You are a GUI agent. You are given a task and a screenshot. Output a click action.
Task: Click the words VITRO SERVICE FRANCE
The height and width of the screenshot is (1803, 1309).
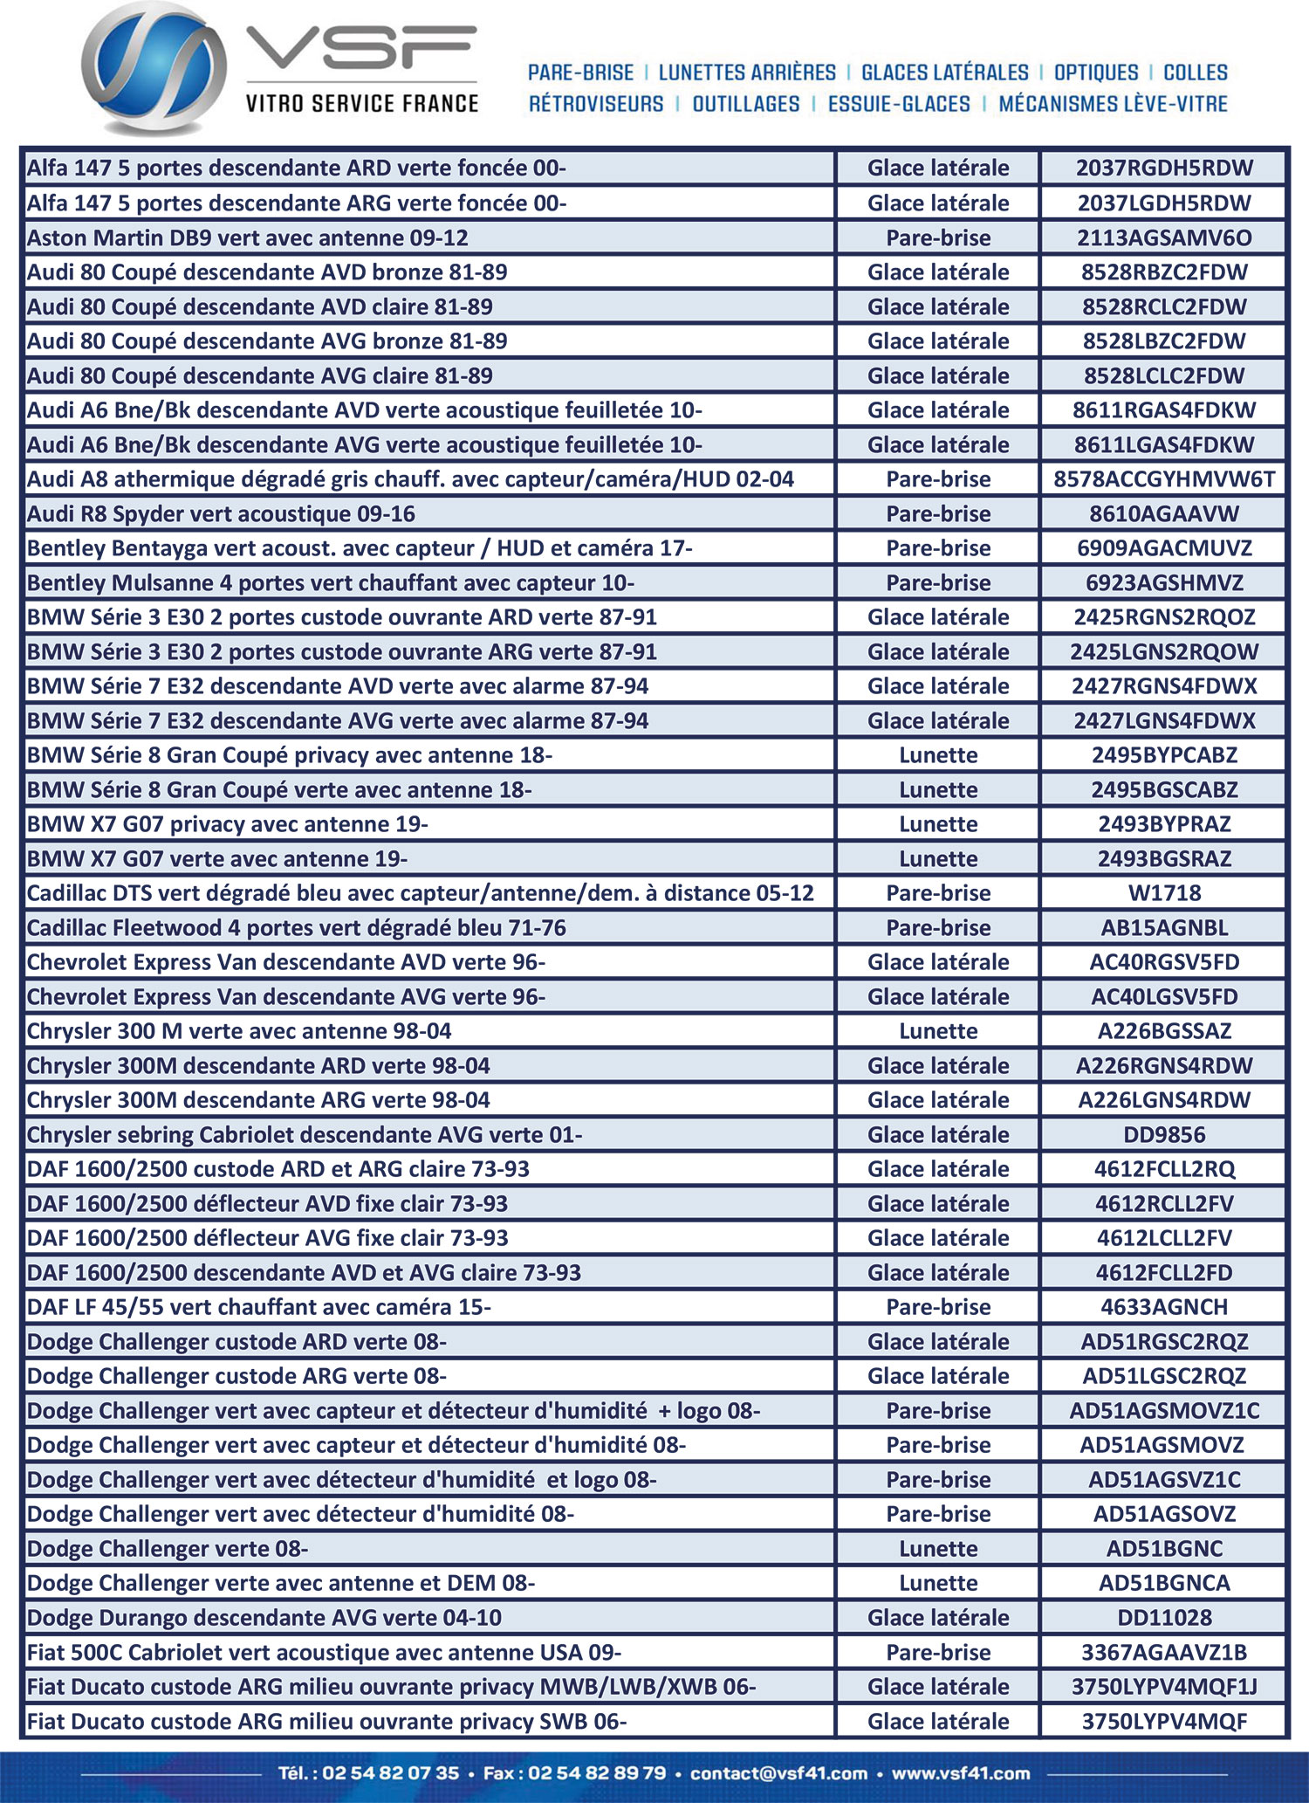coord(361,104)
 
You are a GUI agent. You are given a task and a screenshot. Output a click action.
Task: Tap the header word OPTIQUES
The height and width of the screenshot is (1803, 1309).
coord(1096,72)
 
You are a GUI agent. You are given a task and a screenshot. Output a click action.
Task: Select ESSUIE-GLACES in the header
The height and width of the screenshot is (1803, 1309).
coord(899,104)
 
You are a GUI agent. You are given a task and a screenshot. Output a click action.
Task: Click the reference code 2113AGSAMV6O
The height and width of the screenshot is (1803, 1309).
coord(1164,237)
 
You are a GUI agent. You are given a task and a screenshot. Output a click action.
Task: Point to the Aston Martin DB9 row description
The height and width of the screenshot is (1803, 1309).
coord(248,237)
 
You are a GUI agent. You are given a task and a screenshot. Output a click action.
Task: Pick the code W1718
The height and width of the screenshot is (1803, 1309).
coord(1164,893)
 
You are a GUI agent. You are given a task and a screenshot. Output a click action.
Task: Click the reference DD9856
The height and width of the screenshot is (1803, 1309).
coord(1164,1135)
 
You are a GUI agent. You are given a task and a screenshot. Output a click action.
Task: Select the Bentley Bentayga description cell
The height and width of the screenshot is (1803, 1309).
coord(360,548)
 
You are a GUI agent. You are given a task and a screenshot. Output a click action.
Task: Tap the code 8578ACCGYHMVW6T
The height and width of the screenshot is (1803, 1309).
coord(1164,479)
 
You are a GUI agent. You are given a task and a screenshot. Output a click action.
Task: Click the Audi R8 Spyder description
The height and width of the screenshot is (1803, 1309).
coord(221,514)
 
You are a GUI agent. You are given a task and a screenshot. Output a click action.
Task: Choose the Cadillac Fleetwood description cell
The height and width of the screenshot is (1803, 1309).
coord(297,928)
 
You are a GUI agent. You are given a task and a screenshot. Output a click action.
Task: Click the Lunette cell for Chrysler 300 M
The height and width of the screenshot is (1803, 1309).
coord(938,1031)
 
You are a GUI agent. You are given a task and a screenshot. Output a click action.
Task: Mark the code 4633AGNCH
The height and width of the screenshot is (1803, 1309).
coord(1164,1307)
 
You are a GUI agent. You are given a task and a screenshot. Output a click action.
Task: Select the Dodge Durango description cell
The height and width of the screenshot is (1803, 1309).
coord(264,1618)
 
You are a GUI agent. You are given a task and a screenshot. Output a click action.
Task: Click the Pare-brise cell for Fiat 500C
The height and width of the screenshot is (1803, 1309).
coord(938,1653)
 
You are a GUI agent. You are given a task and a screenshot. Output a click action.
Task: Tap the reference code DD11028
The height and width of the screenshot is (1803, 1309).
coord(1164,1618)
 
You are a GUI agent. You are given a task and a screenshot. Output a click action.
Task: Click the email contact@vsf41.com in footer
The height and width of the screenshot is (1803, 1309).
coord(778,1773)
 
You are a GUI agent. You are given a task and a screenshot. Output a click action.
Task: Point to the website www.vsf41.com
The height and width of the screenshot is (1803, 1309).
coord(961,1773)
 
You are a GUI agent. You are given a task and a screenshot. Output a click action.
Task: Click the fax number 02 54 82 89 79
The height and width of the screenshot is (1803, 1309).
coord(597,1773)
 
